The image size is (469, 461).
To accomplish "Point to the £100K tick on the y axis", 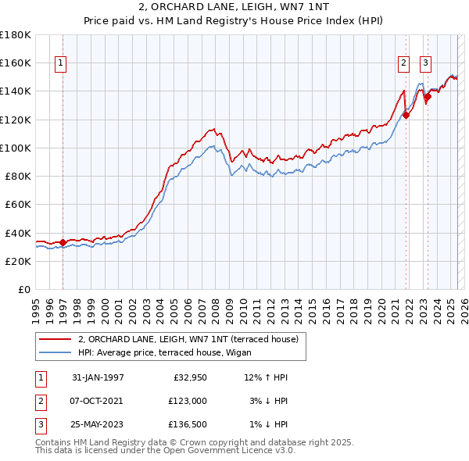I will [16, 148].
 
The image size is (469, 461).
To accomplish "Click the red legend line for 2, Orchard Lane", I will [55, 340].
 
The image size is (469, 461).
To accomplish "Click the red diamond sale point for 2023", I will [428, 97].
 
